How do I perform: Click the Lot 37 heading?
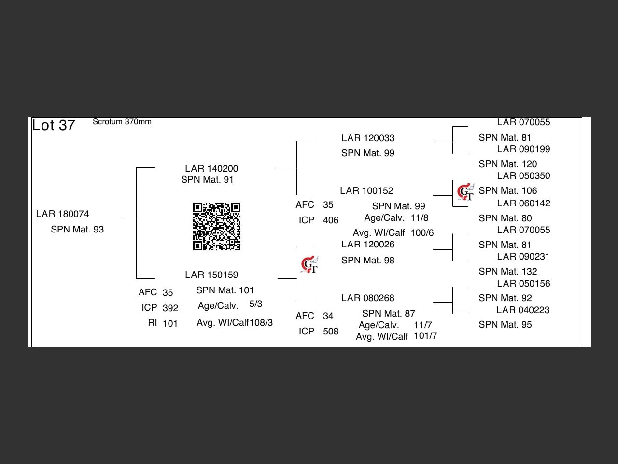coord(54,126)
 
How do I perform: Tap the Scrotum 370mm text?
coord(122,122)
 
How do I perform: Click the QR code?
coord(217,227)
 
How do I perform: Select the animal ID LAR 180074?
coord(62,214)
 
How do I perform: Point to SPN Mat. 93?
coord(77,230)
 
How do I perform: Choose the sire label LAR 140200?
coord(211,169)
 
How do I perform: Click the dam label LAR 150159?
coord(211,275)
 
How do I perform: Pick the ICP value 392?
coord(170,308)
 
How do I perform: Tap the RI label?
coord(153,323)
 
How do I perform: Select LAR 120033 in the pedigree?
coord(368,138)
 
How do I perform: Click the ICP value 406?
coord(331,220)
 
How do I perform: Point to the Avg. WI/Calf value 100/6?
coord(422,233)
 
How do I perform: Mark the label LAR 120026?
coord(368,245)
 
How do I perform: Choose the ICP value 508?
coord(331,332)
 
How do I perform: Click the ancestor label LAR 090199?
coord(523,149)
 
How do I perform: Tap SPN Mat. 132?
coord(507,272)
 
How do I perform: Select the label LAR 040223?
coord(523,310)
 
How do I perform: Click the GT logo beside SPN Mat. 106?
coord(466,192)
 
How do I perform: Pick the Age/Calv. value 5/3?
coord(256,304)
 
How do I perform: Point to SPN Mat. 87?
coord(389,314)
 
